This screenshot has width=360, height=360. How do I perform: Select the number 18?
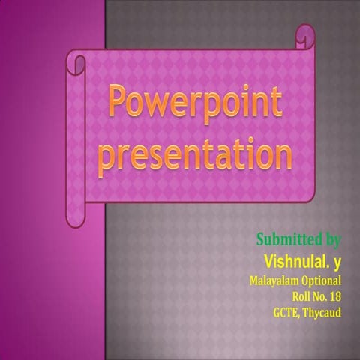pos(335,296)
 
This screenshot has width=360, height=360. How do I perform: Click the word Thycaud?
pos(324,312)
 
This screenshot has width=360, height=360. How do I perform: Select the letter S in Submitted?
pos(262,240)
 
